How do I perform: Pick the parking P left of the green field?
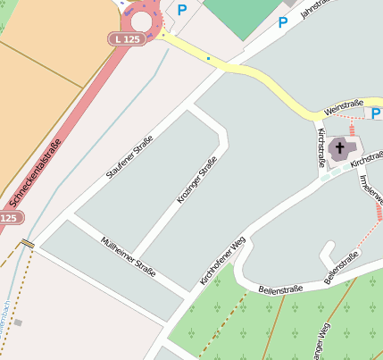click(x=182, y=11)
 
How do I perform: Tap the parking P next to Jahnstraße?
click(x=283, y=22)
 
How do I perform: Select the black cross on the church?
click(x=339, y=147)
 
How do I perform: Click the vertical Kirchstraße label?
click(x=321, y=148)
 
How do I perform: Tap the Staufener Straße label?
click(x=130, y=156)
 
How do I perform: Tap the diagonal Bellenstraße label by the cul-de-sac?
click(x=341, y=268)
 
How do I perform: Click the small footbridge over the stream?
click(x=29, y=243)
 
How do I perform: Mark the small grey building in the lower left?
click(x=18, y=322)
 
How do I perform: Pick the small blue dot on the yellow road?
click(x=209, y=59)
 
